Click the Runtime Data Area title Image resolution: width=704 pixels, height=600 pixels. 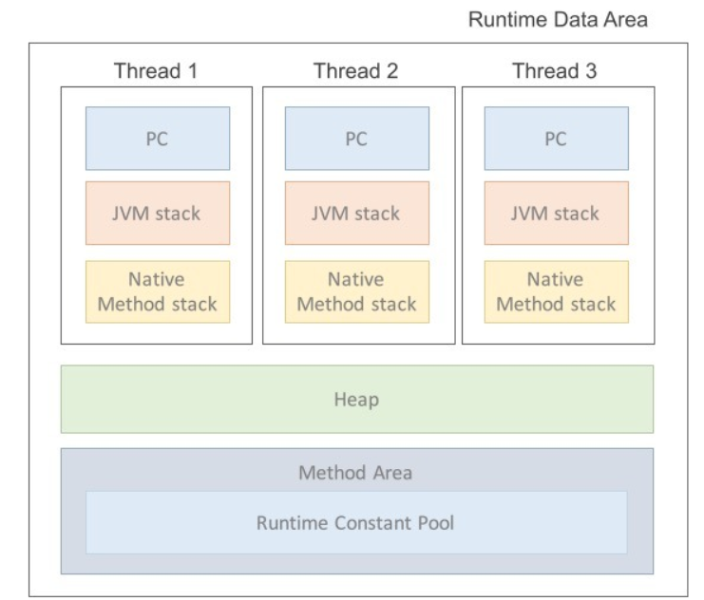(x=558, y=20)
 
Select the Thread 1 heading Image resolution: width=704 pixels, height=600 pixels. (x=157, y=71)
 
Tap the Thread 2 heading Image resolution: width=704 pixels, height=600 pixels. (x=356, y=71)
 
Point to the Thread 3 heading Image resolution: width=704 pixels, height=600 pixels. (x=555, y=71)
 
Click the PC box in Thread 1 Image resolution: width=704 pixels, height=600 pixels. (x=158, y=139)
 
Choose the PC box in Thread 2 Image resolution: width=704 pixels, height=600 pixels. (x=357, y=139)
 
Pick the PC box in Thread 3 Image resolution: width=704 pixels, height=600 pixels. (x=556, y=139)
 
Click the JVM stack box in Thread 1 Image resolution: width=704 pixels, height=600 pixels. (x=158, y=213)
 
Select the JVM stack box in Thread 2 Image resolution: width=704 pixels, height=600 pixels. (x=357, y=213)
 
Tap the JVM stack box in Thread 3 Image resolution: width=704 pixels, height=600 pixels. (x=556, y=213)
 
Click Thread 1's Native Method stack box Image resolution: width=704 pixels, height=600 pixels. (x=158, y=291)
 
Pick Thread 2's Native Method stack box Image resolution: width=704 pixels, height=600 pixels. (x=357, y=291)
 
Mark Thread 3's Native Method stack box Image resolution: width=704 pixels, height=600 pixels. (x=556, y=291)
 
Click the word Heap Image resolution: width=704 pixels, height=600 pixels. (x=356, y=400)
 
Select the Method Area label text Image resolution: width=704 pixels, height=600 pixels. (x=355, y=473)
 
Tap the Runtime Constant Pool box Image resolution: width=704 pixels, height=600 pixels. (x=356, y=522)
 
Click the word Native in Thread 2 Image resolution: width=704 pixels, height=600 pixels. (x=356, y=280)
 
